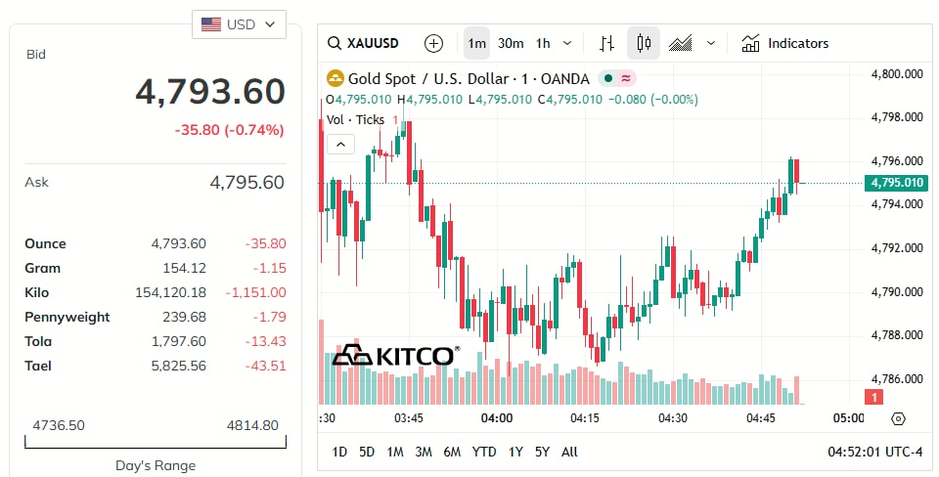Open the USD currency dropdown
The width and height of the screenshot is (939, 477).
point(239,24)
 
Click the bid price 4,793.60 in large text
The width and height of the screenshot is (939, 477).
point(209,92)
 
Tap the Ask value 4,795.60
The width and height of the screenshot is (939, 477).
point(246,182)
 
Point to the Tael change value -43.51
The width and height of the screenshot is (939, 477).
point(265,366)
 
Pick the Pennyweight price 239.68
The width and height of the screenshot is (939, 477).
point(186,317)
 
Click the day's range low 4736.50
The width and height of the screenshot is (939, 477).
point(58,425)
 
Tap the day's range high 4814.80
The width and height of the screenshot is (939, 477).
point(252,425)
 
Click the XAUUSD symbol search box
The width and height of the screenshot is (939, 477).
point(364,43)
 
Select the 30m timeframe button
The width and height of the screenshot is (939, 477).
point(511,43)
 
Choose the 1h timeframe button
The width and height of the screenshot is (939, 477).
point(543,43)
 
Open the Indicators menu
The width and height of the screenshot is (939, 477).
point(785,43)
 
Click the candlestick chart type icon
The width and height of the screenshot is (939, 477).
point(643,43)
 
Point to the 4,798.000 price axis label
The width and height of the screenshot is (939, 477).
point(897,117)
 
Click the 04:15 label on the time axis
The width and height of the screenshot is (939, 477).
point(585,418)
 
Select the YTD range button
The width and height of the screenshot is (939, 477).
point(483,452)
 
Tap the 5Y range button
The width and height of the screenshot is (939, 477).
point(542,452)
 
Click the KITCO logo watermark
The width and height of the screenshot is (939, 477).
point(395,355)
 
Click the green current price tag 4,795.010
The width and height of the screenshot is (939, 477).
point(895,183)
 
